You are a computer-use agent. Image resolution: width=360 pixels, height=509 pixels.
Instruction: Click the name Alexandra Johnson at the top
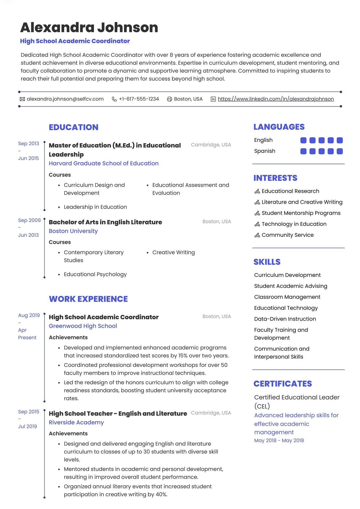tap(89, 27)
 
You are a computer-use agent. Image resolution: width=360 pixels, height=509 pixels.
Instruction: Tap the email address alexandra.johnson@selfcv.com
tap(65, 99)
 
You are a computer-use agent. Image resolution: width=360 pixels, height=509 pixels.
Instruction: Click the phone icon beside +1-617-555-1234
tap(114, 99)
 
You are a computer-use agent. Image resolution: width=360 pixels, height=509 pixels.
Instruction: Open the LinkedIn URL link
tap(275, 99)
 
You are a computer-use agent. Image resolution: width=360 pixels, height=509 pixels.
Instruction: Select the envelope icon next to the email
tap(22, 99)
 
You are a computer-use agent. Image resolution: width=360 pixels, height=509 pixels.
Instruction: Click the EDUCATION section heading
tap(74, 127)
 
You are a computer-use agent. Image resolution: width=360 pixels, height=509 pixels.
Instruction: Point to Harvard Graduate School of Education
tap(103, 163)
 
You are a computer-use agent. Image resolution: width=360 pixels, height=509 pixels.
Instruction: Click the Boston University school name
tap(73, 231)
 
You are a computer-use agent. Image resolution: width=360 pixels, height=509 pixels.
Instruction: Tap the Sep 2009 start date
tap(29, 220)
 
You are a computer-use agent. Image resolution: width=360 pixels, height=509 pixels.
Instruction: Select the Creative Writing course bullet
tap(173, 252)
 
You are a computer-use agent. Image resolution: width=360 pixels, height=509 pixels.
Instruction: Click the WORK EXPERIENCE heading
tap(88, 299)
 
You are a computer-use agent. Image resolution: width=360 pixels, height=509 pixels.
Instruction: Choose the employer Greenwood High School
tap(83, 326)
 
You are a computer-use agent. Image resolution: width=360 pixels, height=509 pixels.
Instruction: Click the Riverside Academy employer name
tap(76, 423)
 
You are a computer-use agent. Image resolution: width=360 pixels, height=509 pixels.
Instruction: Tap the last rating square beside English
tap(339, 140)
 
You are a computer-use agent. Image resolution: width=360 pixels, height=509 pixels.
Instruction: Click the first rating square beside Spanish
tap(303, 151)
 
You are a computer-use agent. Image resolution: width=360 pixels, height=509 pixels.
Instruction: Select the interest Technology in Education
tap(294, 224)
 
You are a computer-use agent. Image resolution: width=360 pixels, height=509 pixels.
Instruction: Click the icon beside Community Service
tap(257, 235)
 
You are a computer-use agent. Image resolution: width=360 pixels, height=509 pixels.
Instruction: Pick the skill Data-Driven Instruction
tap(285, 319)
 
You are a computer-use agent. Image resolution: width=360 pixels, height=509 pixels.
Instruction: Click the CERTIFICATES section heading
tap(282, 384)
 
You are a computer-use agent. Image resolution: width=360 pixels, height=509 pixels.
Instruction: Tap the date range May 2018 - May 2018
tap(279, 441)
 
